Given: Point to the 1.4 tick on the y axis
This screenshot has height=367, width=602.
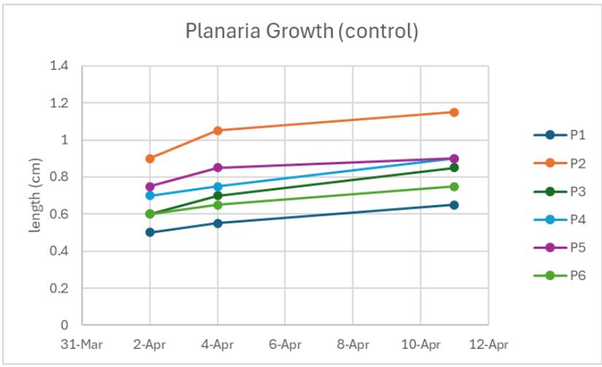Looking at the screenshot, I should click(60, 66).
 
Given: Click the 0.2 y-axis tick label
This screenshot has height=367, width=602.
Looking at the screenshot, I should click(60, 288).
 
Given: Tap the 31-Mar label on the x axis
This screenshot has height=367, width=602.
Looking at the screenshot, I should click(81, 343).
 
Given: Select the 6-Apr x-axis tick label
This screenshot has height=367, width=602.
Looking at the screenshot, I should click(285, 343).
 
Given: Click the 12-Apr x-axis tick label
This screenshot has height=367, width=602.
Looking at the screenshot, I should click(488, 343).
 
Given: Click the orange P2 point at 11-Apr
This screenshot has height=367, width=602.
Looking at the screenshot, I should click(454, 112).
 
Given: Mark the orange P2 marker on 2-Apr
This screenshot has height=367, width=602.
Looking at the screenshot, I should click(150, 158).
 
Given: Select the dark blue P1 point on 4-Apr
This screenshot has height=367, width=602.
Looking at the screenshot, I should click(217, 223).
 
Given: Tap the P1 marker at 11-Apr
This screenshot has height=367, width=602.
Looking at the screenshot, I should click(454, 205).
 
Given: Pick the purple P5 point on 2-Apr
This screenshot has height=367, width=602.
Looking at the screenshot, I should click(150, 186).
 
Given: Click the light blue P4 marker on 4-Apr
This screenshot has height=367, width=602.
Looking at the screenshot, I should click(217, 186).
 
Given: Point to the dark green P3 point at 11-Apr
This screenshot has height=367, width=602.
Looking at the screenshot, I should click(454, 168).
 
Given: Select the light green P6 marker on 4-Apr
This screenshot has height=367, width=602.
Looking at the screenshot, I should click(217, 205).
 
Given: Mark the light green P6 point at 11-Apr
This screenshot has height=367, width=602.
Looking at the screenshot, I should click(454, 186).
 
